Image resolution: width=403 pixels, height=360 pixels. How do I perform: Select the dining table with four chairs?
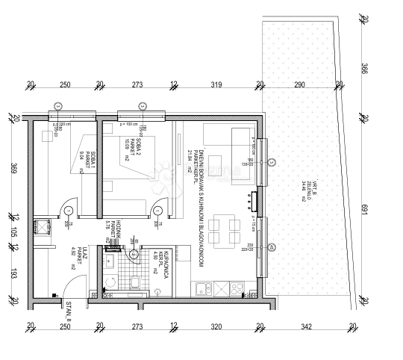(218, 231)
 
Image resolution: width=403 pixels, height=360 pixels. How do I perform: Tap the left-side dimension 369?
(14, 170)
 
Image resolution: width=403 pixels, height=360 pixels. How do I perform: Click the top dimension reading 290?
(299, 85)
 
